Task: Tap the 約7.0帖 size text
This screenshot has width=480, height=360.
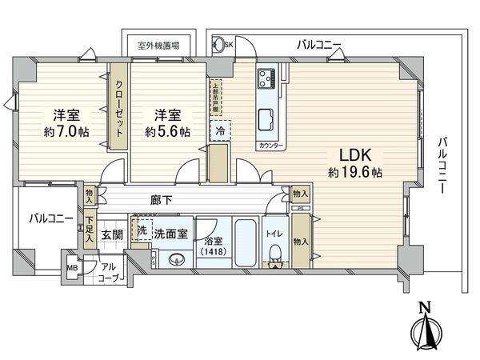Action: pos(61,131)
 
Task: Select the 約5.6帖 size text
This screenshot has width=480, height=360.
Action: pos(167,131)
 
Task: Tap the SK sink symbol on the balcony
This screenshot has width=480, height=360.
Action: pos(227,46)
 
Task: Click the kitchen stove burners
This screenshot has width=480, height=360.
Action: pos(266,80)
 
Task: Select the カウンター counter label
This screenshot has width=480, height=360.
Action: pos(268,146)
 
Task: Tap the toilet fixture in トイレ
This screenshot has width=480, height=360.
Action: pos(275,253)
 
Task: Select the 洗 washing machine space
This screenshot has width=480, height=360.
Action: pos(142,230)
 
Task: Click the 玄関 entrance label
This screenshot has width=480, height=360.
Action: pos(112,234)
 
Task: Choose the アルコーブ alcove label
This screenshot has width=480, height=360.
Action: pos(108,273)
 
